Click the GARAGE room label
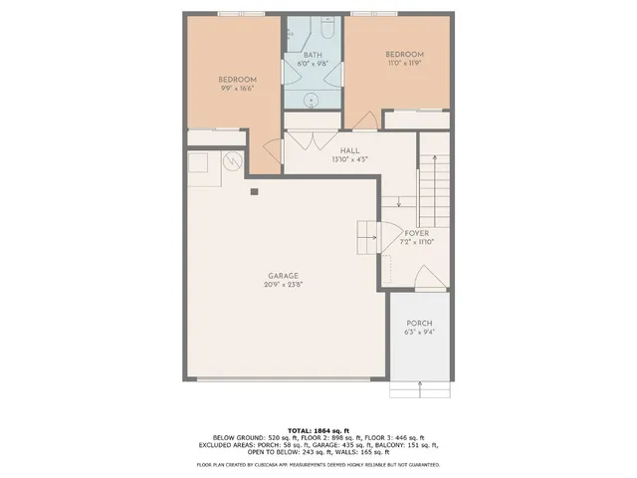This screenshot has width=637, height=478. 283,276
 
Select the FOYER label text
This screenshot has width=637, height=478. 418,233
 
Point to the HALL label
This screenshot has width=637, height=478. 349,150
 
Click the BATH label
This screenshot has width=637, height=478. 312,55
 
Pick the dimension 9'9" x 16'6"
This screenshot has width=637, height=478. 238,89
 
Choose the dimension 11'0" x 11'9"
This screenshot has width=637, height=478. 404,63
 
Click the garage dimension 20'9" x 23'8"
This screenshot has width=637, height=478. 283,285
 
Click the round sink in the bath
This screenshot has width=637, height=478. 311,99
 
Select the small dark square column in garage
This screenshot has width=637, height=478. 255,191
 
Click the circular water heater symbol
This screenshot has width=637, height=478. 232,160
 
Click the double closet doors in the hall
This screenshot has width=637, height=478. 313,138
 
